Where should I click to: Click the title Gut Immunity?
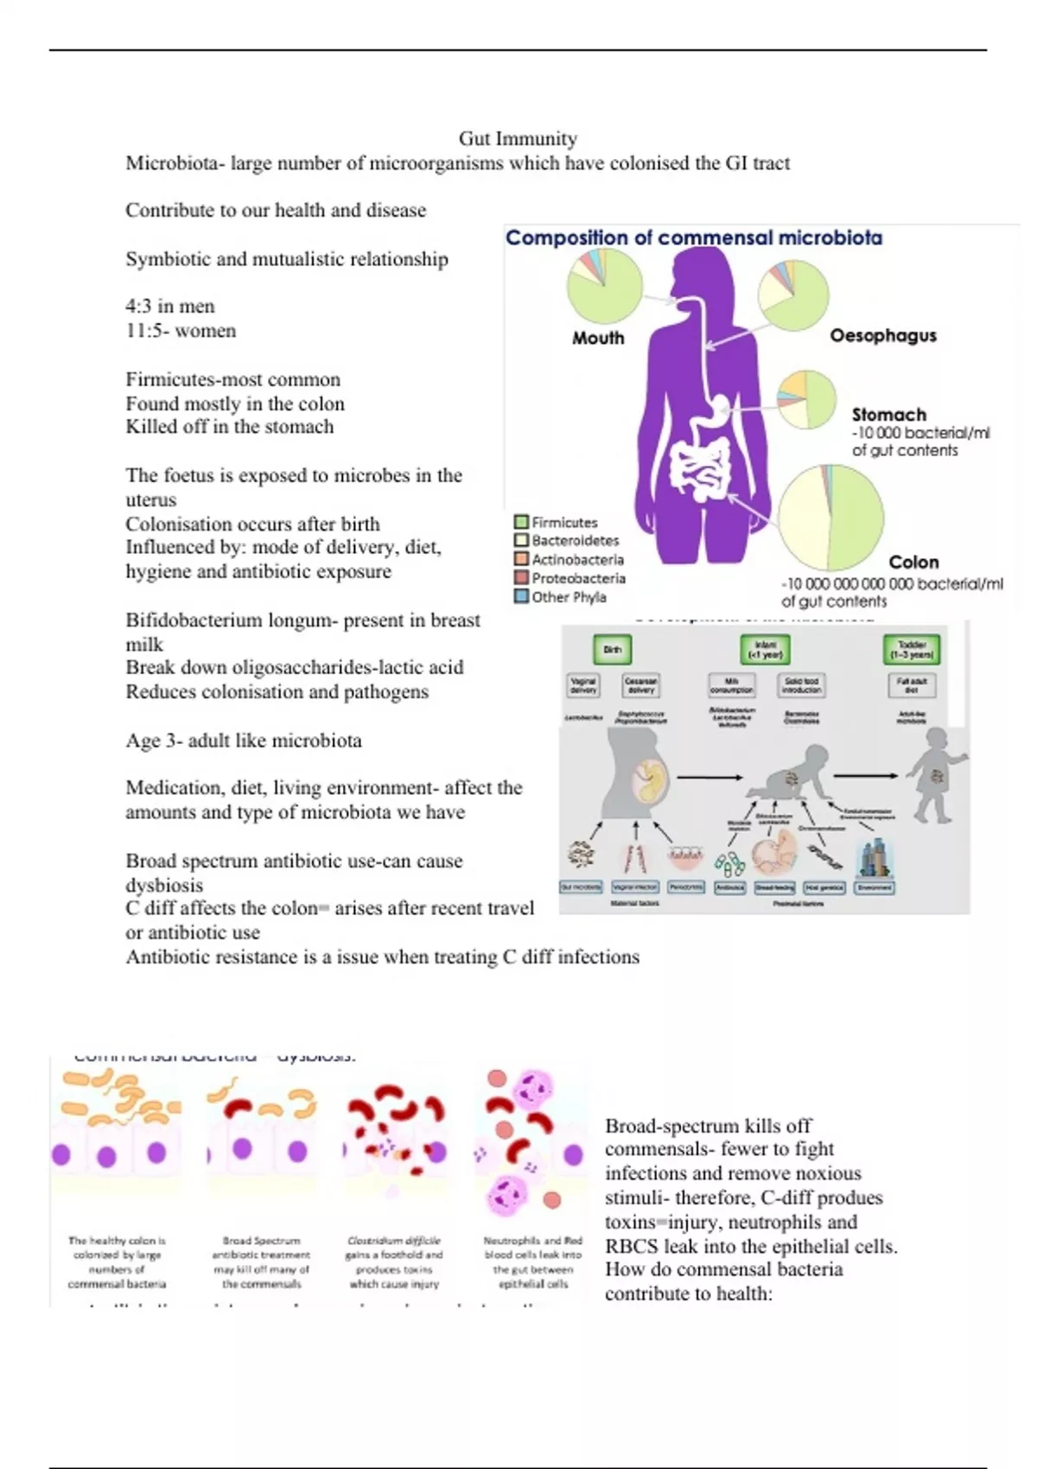tap(518, 138)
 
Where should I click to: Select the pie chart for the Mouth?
tap(604, 287)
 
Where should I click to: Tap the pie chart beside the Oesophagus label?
tap(793, 296)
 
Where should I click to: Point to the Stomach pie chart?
tap(806, 399)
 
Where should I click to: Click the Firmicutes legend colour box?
tap(521, 522)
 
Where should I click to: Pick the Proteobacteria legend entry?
tap(577, 578)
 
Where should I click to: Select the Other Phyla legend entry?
tap(568, 597)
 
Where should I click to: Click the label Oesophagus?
tap(882, 335)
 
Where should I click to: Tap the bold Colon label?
tap(913, 562)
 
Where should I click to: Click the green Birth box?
tap(612, 650)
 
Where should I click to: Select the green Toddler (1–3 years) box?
tap(912, 650)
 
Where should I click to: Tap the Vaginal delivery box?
tap(583, 685)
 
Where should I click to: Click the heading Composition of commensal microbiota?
tap(693, 238)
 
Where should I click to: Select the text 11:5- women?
tap(181, 331)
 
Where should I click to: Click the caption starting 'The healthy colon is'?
tap(117, 1262)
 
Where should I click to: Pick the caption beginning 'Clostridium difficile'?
tap(394, 1262)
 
